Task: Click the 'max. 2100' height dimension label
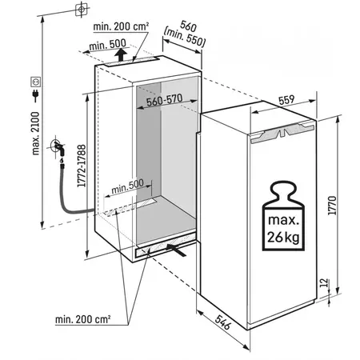(x=35, y=134)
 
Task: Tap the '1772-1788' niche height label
(x=82, y=166)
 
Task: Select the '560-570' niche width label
(x=165, y=100)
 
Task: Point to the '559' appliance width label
(x=286, y=100)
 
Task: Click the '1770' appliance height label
(x=332, y=206)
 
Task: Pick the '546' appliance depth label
(x=222, y=322)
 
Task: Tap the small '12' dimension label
(x=323, y=282)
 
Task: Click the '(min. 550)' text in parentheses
(x=185, y=37)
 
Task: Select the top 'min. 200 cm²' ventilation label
(x=121, y=26)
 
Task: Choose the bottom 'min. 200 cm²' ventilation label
(x=82, y=319)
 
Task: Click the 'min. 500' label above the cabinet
(x=107, y=45)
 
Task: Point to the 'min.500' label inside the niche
(x=127, y=186)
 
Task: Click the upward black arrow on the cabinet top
(x=121, y=54)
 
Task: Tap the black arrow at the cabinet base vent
(x=176, y=250)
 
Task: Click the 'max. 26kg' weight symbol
(x=283, y=216)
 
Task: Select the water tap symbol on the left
(x=58, y=149)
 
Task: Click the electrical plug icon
(x=35, y=95)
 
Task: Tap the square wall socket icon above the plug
(x=36, y=82)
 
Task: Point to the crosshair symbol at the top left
(x=82, y=9)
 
